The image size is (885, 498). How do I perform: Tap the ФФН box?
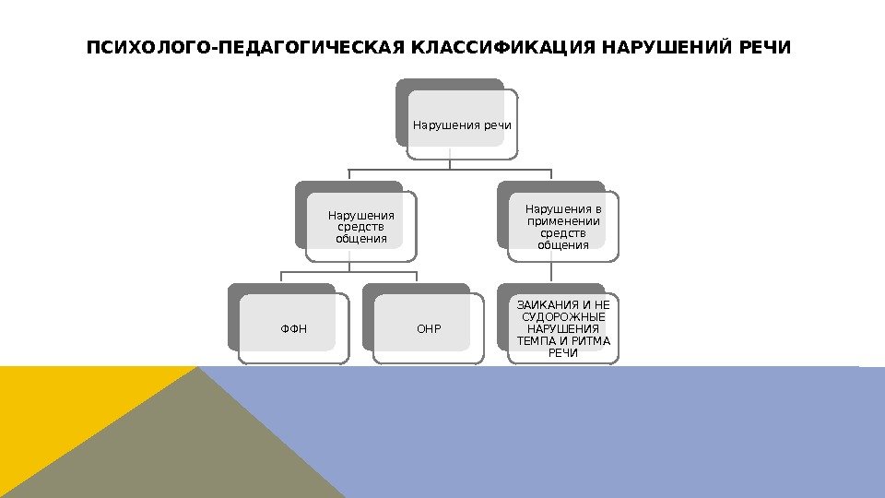(294, 328)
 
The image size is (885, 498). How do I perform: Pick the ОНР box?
(429, 328)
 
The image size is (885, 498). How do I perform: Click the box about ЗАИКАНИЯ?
(563, 328)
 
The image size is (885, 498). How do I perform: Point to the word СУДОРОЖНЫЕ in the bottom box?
(563, 316)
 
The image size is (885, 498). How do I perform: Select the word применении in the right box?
(562, 221)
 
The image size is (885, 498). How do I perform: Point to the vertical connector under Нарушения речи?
(450, 162)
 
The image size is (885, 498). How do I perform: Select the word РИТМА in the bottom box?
(590, 340)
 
